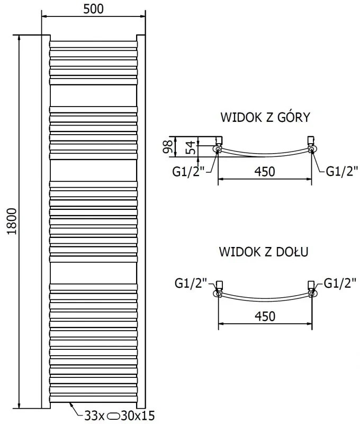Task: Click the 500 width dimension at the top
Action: click(93, 9)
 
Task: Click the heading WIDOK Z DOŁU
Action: click(264, 252)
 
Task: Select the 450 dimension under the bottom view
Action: click(265, 316)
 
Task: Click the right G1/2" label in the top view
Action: click(341, 171)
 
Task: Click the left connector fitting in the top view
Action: click(219, 146)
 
